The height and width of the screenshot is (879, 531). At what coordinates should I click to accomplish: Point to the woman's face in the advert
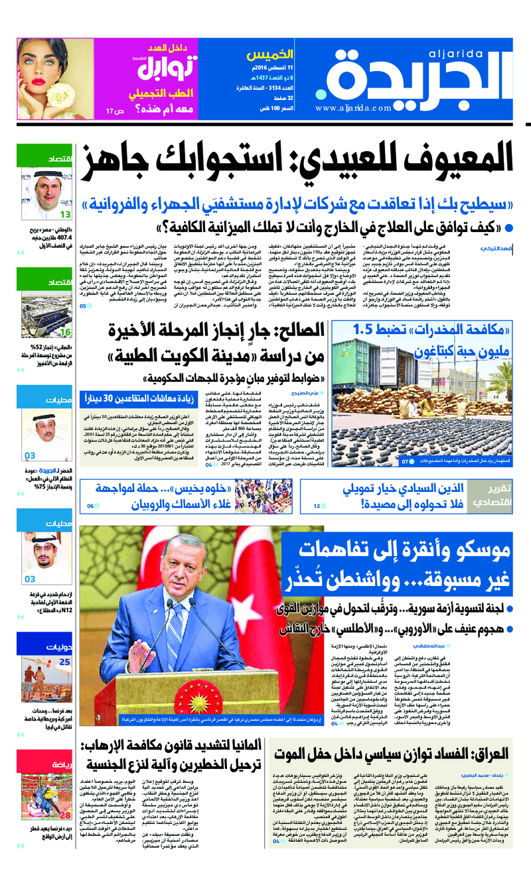point(49,66)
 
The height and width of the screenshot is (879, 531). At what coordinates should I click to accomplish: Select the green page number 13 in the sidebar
point(66,215)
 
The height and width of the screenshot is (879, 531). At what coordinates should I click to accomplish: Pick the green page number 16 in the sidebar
point(66,332)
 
